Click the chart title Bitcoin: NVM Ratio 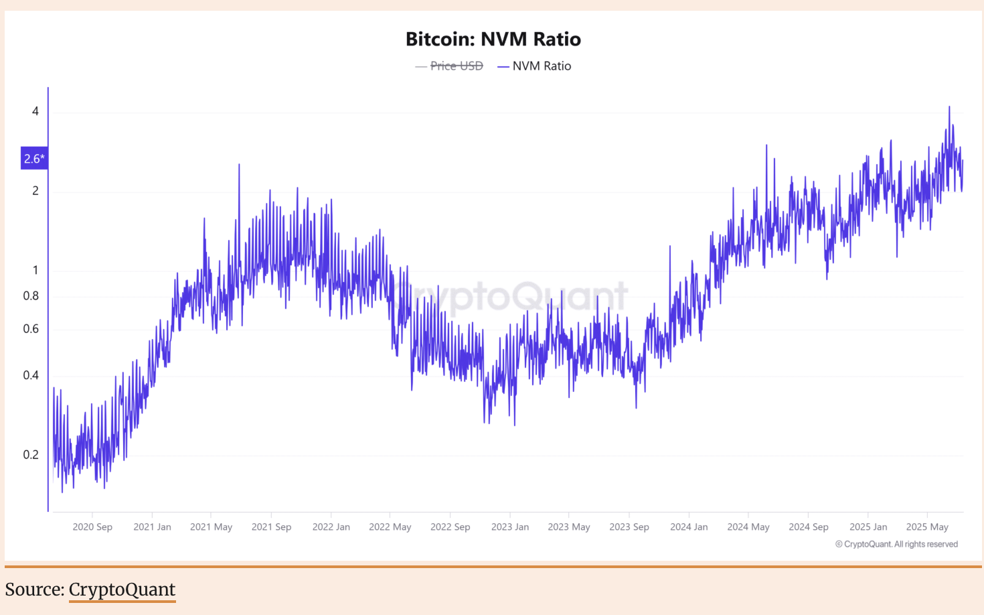click(x=493, y=39)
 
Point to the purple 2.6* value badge click(x=34, y=159)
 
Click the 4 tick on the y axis click(x=35, y=111)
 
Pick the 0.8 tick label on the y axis click(x=31, y=295)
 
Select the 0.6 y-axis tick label click(x=31, y=328)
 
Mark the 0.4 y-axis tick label click(x=31, y=375)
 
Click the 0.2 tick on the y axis click(x=31, y=454)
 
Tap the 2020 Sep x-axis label click(x=92, y=527)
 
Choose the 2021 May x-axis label click(x=211, y=527)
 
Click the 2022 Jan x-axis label click(x=331, y=527)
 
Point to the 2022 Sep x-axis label click(x=450, y=527)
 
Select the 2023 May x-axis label click(x=569, y=527)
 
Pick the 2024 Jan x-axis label click(x=689, y=527)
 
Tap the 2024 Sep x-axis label click(x=808, y=527)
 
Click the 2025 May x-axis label click(x=927, y=527)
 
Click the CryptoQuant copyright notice click(x=896, y=544)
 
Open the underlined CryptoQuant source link click(x=122, y=590)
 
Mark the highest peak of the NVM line click(x=949, y=107)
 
